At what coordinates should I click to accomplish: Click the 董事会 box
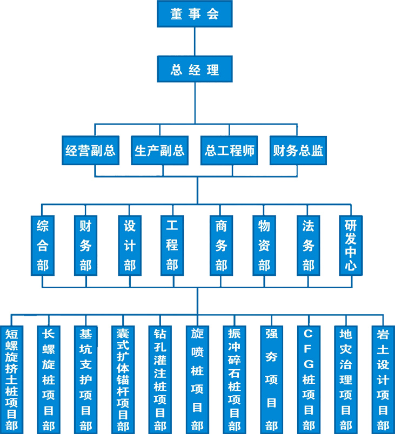(x=195, y=14)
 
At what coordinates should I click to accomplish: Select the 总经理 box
(x=195, y=69)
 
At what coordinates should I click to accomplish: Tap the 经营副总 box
(x=90, y=150)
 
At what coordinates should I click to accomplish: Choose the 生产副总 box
(x=159, y=150)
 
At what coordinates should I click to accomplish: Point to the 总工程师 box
(x=229, y=150)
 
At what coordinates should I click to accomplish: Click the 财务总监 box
(x=298, y=150)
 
